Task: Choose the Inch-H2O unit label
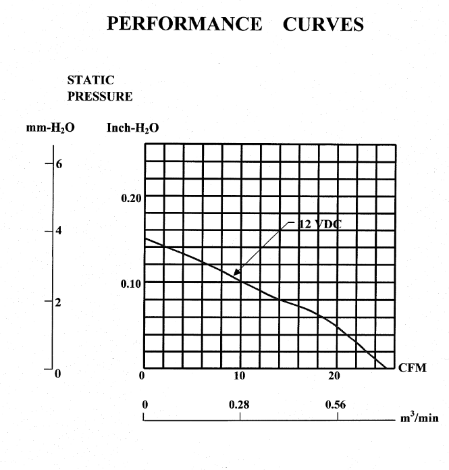[132, 128]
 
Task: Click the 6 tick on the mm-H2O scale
[59, 165]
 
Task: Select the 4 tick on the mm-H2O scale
[59, 230]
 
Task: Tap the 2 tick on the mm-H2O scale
[59, 302]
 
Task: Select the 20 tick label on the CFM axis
[334, 375]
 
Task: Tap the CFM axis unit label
[413, 369]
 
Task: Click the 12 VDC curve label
[319, 225]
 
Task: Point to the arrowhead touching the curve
[236, 274]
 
